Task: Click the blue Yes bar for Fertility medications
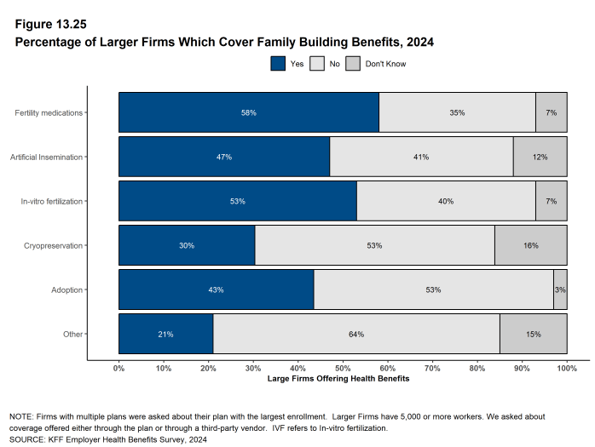[x=248, y=112]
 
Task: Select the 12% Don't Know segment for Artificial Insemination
[x=540, y=157]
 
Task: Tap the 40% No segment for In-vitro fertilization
[x=446, y=202]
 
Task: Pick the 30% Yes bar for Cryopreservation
[x=187, y=246]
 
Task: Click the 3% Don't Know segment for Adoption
[x=560, y=290]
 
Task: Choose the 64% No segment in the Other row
[x=356, y=335]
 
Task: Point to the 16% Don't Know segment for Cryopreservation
[x=530, y=246]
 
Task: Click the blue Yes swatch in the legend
[x=278, y=63]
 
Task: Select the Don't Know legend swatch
[x=353, y=63]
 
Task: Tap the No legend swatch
[x=316, y=63]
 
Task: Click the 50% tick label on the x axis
[x=343, y=368]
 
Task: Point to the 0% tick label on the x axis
[x=119, y=368]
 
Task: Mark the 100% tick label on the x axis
[x=567, y=368]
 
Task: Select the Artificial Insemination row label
[x=47, y=157]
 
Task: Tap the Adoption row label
[x=67, y=290]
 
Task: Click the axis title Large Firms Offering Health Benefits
[x=338, y=378]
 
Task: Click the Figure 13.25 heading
[x=50, y=24]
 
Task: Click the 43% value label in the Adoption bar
[x=216, y=290]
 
